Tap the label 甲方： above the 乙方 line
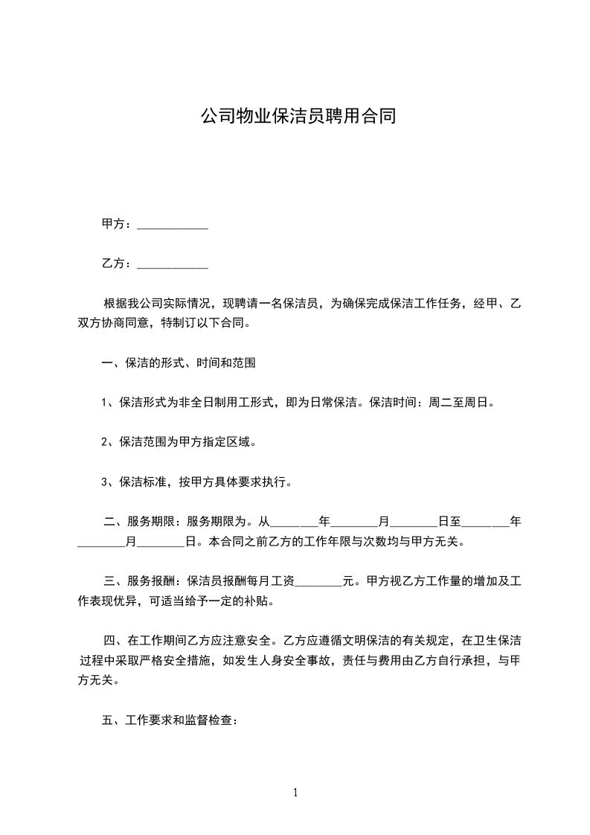point(117,224)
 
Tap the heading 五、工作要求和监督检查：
point(169,720)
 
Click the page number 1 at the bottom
point(295,793)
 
